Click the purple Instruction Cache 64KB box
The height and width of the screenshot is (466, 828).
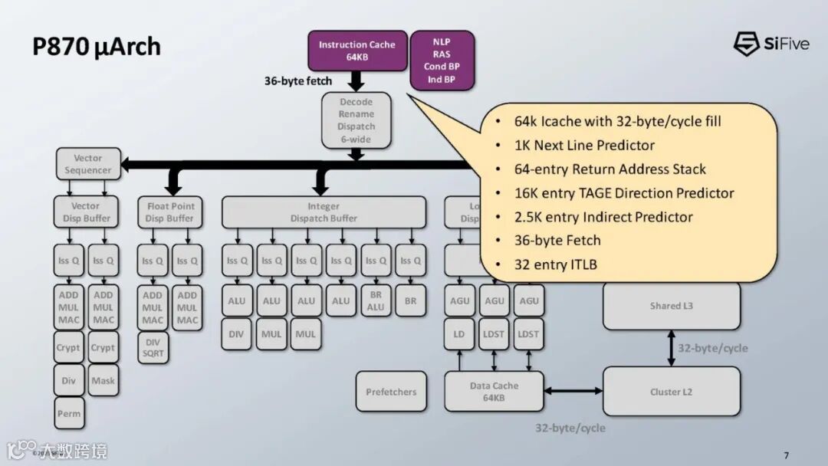357,51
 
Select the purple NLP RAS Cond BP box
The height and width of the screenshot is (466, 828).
442,60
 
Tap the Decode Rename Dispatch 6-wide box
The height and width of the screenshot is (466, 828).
356,120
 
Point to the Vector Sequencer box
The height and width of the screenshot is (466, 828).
88,164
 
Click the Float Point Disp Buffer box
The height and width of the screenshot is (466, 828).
171,212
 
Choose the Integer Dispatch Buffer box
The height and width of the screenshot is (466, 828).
324,212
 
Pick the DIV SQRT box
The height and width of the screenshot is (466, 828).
153,347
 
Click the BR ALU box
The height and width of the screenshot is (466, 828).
376,301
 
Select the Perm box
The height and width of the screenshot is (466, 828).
68,414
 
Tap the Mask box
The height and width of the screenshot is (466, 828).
103,380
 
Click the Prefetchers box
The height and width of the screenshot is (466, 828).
391,392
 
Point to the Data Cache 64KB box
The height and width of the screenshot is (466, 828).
494,392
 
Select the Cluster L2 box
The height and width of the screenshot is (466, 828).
671,392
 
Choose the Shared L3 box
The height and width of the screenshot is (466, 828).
671,306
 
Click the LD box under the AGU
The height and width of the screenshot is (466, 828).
458,334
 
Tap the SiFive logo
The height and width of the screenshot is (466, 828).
771,44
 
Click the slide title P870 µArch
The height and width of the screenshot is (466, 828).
97,47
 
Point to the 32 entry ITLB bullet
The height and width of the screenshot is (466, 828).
555,264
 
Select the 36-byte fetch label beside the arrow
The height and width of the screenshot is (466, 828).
298,80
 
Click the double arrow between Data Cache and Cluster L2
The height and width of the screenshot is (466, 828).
573,392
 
